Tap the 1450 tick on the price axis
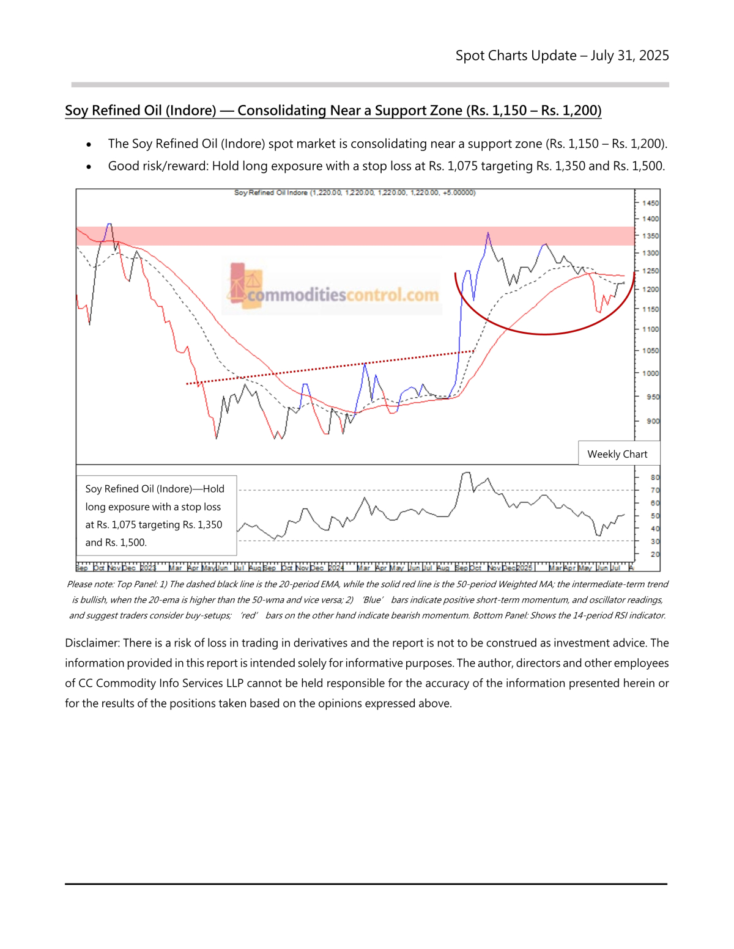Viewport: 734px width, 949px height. pyautogui.click(x=650, y=203)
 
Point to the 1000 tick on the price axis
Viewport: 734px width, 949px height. pyautogui.click(x=650, y=373)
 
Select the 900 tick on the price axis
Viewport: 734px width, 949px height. pyautogui.click(x=653, y=421)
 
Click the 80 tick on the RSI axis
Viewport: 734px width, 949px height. pyautogui.click(x=654, y=477)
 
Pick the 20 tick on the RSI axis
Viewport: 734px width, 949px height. pyautogui.click(x=654, y=554)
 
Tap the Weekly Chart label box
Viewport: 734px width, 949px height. pyautogui.click(x=617, y=454)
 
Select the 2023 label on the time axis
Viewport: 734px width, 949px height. pyautogui.click(x=148, y=568)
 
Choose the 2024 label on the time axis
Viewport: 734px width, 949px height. pyautogui.click(x=336, y=568)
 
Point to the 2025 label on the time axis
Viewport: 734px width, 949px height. pyautogui.click(x=525, y=568)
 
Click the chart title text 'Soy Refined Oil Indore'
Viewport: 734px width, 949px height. pyautogui.click(x=270, y=192)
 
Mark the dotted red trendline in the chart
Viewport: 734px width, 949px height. pyautogui.click(x=330, y=367)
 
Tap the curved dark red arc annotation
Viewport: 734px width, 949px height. pyautogui.click(x=544, y=334)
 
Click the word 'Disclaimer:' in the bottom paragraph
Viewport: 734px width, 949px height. pyautogui.click(x=92, y=643)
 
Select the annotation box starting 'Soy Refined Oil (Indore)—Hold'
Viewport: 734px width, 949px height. pyautogui.click(x=155, y=515)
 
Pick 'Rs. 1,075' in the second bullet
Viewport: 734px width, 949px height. pyautogui.click(x=452, y=166)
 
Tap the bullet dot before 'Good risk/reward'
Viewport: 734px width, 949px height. pyautogui.click(x=89, y=167)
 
